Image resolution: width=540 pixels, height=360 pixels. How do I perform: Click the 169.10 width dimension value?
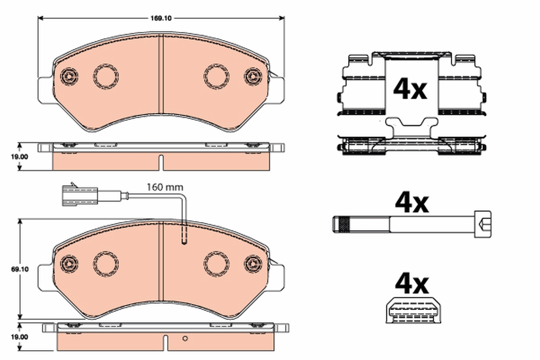[161, 18]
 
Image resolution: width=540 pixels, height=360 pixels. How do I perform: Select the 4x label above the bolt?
[411, 203]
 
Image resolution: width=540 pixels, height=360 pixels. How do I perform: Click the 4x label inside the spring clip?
[410, 90]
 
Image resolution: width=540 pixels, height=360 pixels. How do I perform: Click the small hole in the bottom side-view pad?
[184, 338]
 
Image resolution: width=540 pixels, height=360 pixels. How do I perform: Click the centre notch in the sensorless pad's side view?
[161, 162]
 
